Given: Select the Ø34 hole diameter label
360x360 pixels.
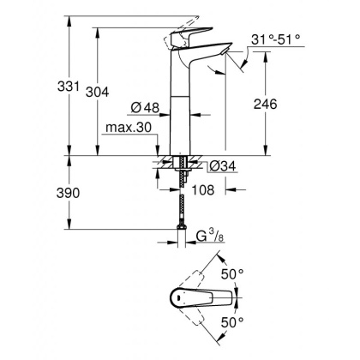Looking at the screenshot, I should pos(222,165).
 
